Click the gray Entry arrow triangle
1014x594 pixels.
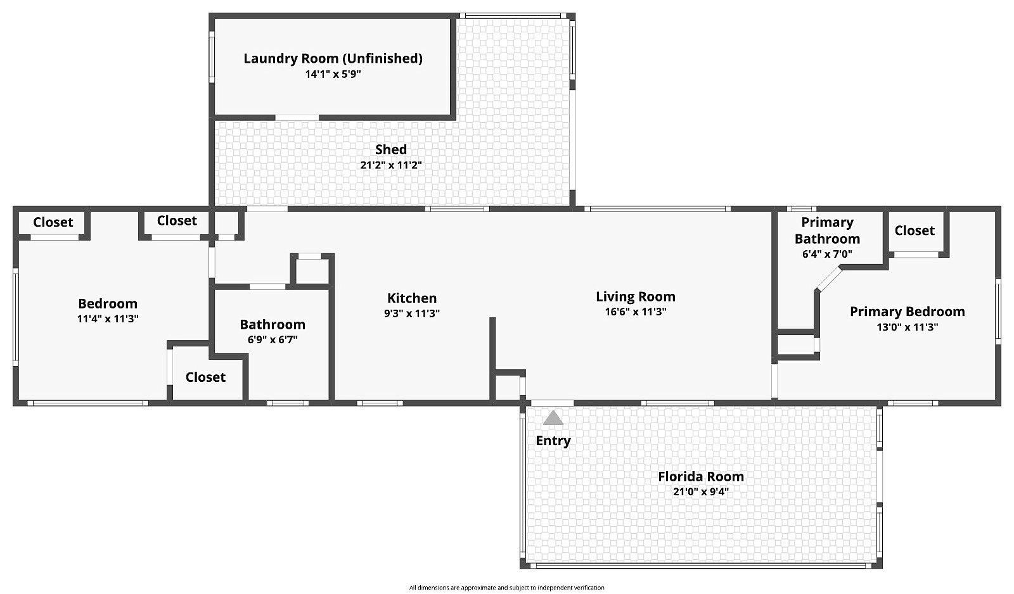[553, 418]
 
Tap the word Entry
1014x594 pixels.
[553, 441]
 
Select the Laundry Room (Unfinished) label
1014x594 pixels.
[333, 59]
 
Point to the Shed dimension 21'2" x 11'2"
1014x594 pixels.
[391, 165]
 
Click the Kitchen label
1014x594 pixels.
[412, 298]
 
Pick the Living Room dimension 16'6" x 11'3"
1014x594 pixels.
[636, 312]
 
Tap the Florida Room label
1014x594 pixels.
[701, 476]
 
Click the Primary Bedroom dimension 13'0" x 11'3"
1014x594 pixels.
[907, 327]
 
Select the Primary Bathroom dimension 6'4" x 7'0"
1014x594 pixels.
[827, 254]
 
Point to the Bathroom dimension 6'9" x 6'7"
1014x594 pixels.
[273, 339]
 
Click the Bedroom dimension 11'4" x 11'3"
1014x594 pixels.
[108, 319]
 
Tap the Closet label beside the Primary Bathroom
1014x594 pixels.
[915, 231]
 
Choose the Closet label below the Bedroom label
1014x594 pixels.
[205, 377]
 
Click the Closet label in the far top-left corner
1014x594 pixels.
[53, 222]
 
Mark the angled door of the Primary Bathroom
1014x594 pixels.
[828, 279]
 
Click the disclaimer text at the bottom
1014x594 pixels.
[506, 588]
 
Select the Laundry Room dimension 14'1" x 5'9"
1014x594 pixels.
[333, 74]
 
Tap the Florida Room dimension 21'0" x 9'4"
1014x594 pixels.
[701, 492]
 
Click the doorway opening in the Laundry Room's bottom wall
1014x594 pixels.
[297, 118]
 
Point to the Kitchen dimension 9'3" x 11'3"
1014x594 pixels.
[412, 313]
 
